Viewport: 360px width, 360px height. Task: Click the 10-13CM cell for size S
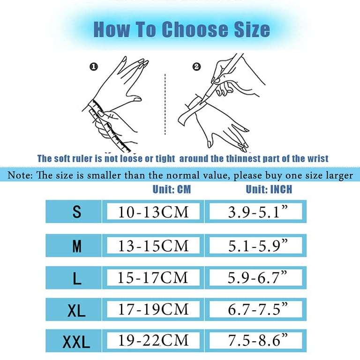[153, 212]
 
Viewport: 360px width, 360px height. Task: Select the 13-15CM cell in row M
[153, 245]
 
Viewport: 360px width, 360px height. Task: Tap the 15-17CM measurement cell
[153, 278]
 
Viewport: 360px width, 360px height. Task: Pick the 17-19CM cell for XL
[153, 309]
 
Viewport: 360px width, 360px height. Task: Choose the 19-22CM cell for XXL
[153, 340]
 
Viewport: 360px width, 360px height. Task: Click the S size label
[77, 212]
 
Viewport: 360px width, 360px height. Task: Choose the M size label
[77, 246]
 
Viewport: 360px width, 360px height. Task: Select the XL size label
[77, 310]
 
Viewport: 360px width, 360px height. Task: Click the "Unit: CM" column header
[172, 190]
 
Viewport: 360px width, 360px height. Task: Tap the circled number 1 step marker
[94, 67]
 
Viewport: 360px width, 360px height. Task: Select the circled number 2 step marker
[196, 67]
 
